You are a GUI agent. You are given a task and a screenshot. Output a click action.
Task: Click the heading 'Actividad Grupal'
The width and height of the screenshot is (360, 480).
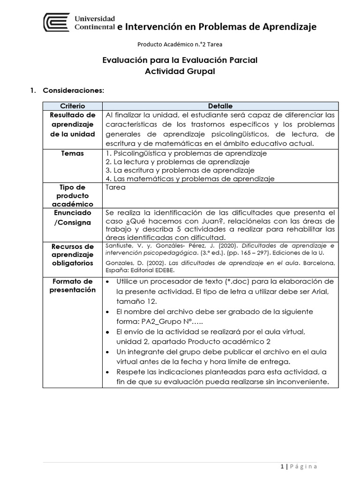(180, 71)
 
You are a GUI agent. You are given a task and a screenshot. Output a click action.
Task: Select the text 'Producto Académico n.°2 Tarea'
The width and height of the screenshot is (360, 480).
(180, 45)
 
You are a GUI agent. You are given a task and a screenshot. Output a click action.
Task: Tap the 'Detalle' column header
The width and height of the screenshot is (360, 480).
(220, 106)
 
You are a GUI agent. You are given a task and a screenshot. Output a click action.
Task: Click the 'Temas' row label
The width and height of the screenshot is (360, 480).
(73, 153)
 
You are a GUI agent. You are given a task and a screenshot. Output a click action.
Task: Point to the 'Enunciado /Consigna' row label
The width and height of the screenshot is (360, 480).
(73, 217)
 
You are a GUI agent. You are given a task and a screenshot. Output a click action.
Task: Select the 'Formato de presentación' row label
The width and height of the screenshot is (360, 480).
(73, 285)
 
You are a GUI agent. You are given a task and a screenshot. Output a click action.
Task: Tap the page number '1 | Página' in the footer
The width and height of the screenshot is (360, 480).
(298, 466)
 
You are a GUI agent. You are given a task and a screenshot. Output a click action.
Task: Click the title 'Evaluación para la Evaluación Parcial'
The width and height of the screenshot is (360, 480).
(180, 60)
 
